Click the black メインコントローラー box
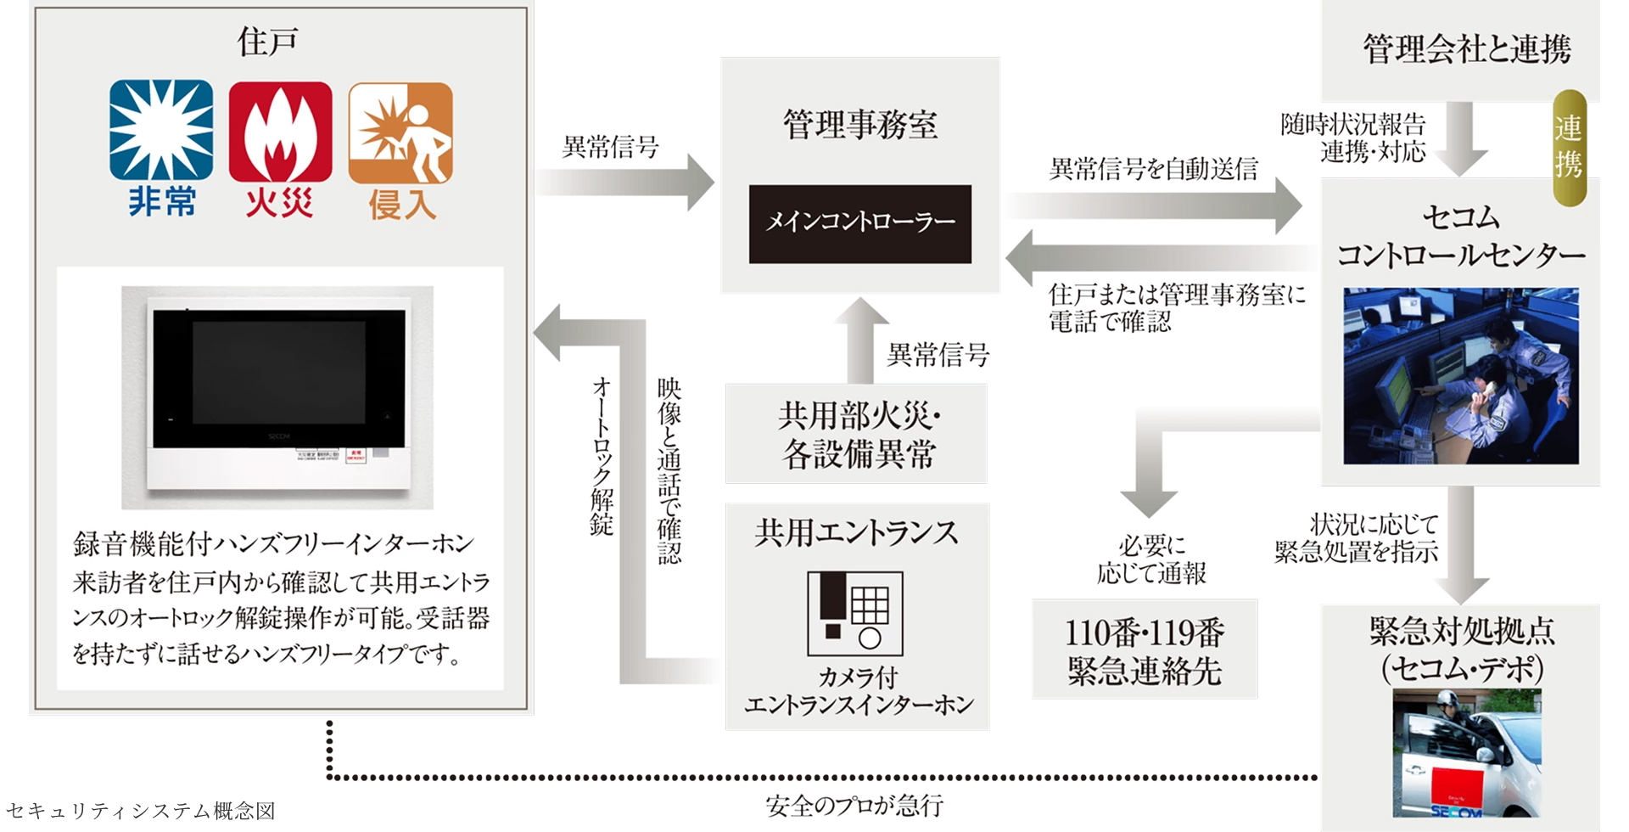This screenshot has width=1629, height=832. pyautogui.click(x=859, y=223)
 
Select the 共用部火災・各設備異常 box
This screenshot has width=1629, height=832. pyautogui.click(x=856, y=435)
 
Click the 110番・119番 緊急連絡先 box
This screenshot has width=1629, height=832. pyautogui.click(x=1144, y=650)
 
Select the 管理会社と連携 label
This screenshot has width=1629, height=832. pyautogui.click(x=1466, y=49)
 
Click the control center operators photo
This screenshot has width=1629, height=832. pyautogui.click(x=1460, y=375)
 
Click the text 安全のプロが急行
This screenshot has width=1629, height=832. pyautogui.click(x=854, y=806)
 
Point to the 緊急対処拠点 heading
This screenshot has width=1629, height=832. pyautogui.click(x=1462, y=632)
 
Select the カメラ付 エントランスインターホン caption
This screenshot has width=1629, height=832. pyautogui.click(x=858, y=691)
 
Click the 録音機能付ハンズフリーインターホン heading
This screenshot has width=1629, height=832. pyautogui.click(x=273, y=544)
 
